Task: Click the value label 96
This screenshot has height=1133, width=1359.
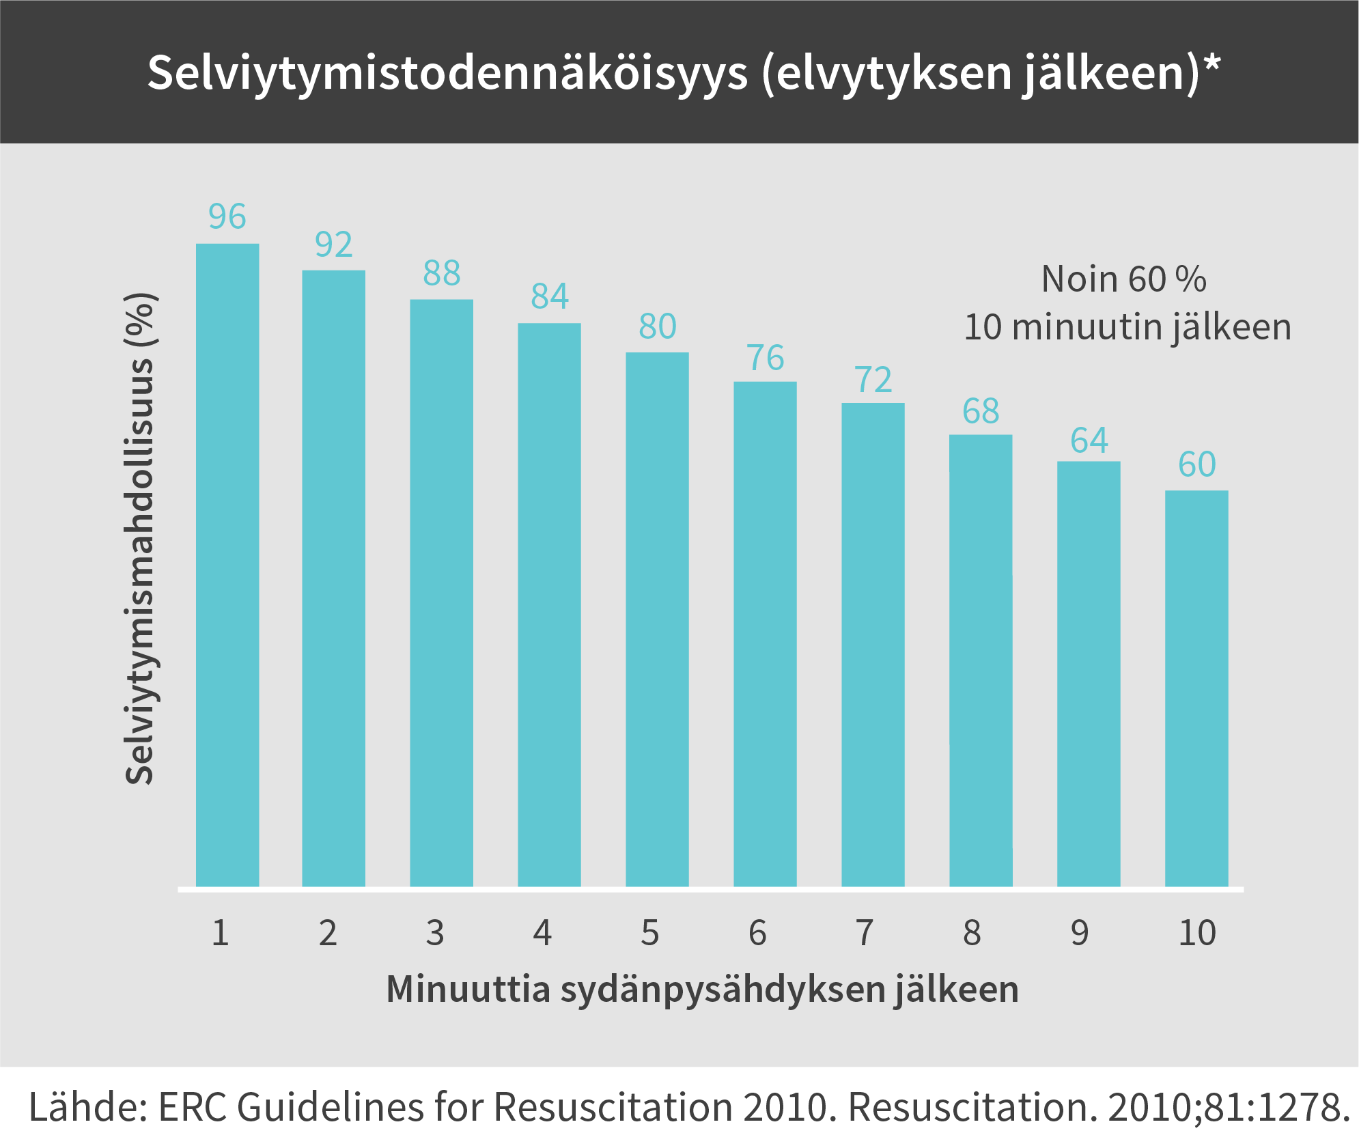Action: [227, 216]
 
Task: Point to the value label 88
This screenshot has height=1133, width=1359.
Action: [442, 273]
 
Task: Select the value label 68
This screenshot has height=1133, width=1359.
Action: [981, 411]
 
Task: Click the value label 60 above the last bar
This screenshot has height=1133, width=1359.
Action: [1196, 464]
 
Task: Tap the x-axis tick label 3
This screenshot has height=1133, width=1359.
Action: [435, 933]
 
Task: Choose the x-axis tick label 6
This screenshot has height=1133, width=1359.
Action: [757, 933]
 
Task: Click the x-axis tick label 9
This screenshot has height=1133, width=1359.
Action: [1079, 933]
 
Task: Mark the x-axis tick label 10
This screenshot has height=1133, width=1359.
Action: [1196, 933]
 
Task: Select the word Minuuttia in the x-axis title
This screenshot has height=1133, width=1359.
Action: [468, 989]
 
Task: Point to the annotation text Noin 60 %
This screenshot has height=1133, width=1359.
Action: [1123, 279]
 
